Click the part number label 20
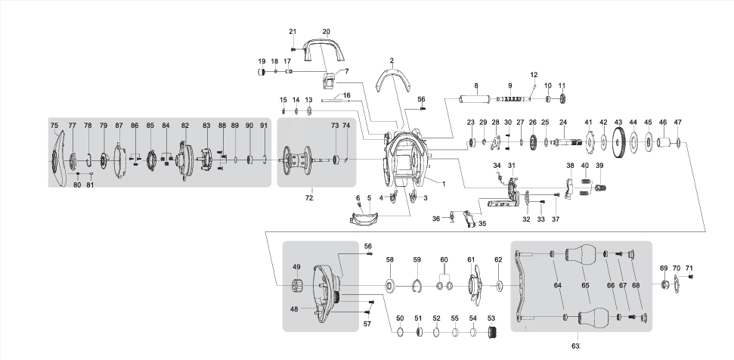coord(327,31)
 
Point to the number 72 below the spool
coord(308,197)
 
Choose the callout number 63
coord(576,346)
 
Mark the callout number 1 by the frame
coord(444,183)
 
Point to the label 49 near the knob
coord(297,266)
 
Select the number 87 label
coord(119,125)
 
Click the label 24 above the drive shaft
coord(562,123)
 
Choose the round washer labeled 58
coord(390,286)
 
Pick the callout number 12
coord(534,75)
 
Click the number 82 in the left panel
coord(184,125)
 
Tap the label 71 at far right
coord(689,268)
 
